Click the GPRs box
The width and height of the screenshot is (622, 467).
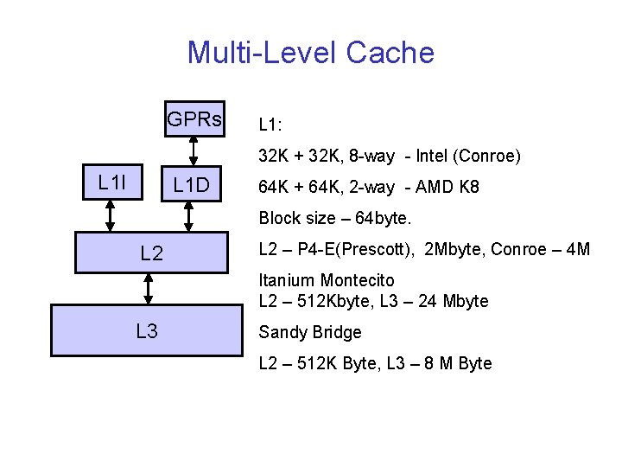tap(194, 119)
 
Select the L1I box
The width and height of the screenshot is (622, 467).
tap(111, 182)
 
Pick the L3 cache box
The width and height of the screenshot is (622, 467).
tap(146, 330)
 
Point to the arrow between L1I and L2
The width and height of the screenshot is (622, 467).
tap(110, 216)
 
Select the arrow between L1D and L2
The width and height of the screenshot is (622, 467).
tap(192, 216)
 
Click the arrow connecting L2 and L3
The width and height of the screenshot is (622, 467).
tap(149, 289)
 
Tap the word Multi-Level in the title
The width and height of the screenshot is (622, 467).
tap(262, 54)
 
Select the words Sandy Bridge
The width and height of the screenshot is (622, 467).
tap(310, 332)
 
